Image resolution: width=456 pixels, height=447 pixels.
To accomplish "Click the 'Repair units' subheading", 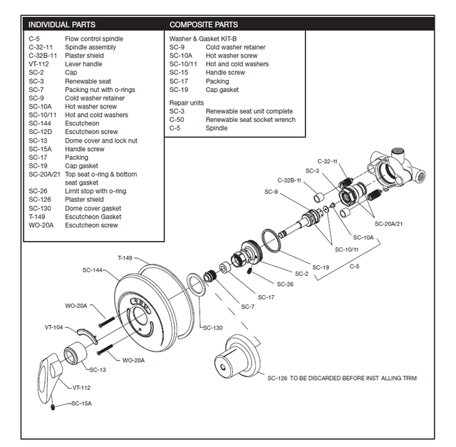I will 186,103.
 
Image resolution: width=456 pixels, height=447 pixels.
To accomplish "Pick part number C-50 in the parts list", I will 177,120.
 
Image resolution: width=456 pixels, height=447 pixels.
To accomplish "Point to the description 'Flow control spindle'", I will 94,38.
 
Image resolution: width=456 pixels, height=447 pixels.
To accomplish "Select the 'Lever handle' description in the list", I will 83,64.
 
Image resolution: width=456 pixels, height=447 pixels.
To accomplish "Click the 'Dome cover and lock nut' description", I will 101,140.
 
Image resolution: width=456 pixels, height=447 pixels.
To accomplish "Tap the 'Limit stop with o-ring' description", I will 95,191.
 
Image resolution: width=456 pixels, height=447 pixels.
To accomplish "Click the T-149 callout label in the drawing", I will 125,257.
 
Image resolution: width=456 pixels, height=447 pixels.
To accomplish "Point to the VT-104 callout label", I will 54,327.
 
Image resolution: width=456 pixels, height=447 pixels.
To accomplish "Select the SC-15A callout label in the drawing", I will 81,404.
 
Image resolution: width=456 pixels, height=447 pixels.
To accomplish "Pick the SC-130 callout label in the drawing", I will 212,328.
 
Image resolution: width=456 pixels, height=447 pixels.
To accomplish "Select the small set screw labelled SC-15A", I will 53,407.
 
